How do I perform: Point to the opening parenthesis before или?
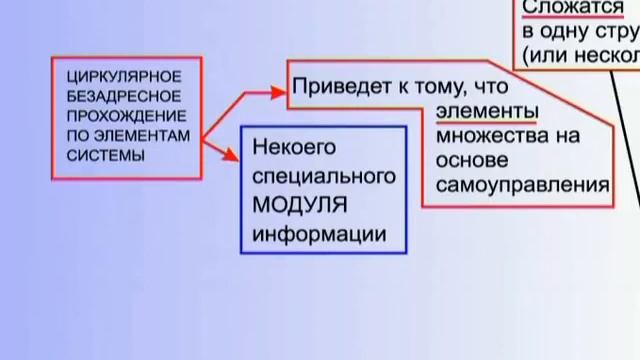point(526,53)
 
